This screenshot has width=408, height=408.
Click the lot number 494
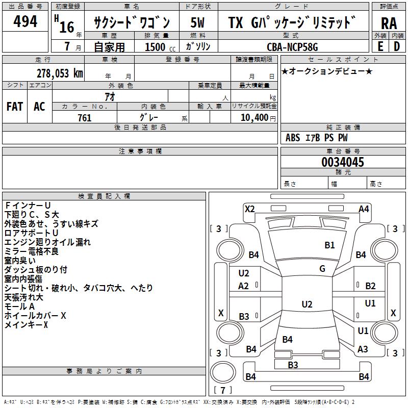click(x=25, y=21)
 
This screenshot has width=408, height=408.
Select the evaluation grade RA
click(x=389, y=23)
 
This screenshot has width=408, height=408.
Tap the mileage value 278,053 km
click(x=60, y=73)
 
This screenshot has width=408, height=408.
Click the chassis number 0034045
click(x=342, y=163)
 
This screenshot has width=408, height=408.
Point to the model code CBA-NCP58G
click(x=292, y=46)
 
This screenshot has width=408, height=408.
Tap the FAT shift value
click(x=15, y=106)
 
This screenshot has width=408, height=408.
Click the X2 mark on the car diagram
click(x=249, y=209)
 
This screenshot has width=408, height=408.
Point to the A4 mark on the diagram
click(x=364, y=209)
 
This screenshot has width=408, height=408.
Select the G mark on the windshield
click(x=322, y=268)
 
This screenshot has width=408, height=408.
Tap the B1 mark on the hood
click(x=330, y=245)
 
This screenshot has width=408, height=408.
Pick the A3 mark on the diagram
click(x=363, y=349)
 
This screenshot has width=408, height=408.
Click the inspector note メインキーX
click(x=26, y=324)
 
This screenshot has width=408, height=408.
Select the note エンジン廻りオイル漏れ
click(x=47, y=242)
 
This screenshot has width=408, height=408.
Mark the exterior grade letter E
click(x=380, y=46)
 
